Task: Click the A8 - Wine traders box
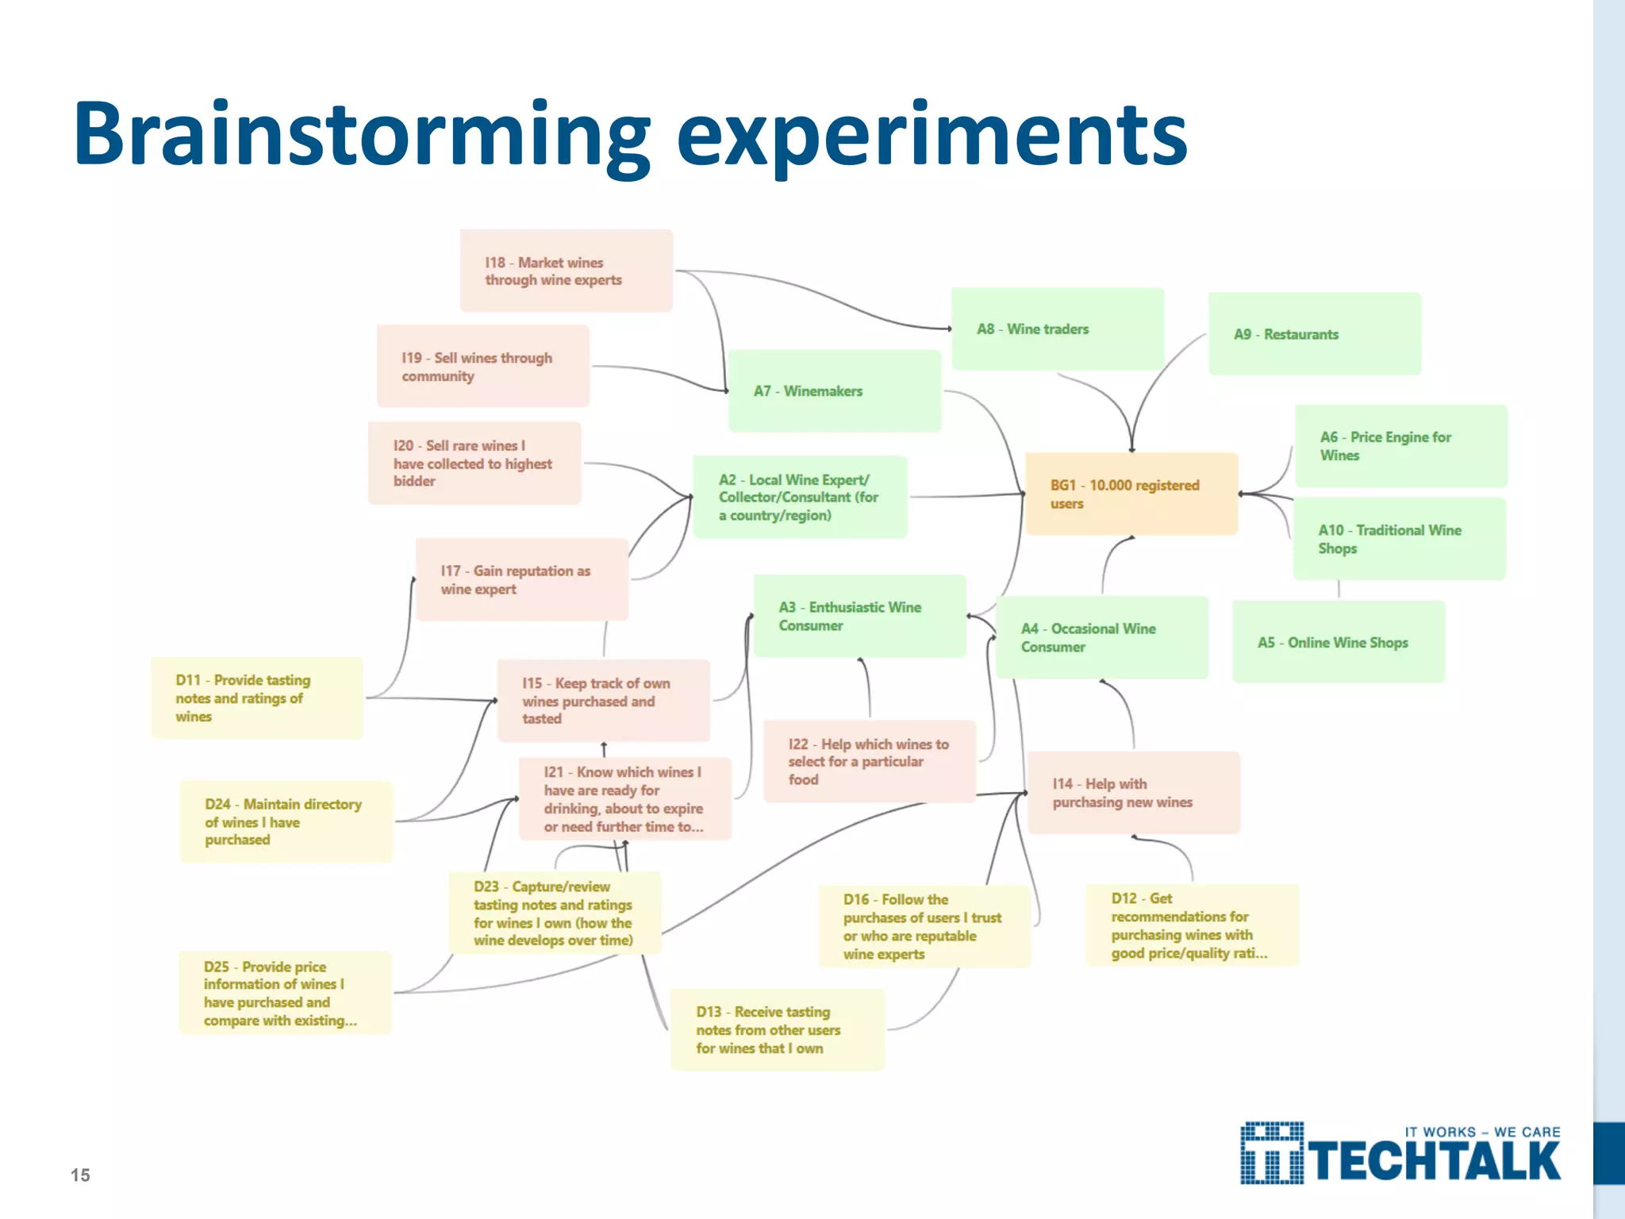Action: [x=1057, y=329]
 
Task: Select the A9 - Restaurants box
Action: [x=1314, y=333]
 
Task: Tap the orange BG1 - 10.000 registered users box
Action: [x=1131, y=494]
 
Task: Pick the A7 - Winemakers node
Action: [x=834, y=390]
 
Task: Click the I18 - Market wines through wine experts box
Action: [x=566, y=271]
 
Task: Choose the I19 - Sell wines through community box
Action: [x=482, y=366]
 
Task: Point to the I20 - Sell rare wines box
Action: [x=474, y=463]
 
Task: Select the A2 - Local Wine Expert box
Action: [x=799, y=497]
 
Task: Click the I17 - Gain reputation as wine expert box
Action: [x=521, y=579]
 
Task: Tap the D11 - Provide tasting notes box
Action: [x=256, y=698]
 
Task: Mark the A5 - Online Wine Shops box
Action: [x=1338, y=642]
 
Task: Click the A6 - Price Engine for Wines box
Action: [x=1400, y=446]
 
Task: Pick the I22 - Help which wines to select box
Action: [x=869, y=761]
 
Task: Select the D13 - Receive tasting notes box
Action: [x=777, y=1029]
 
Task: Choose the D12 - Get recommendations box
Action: [x=1192, y=925]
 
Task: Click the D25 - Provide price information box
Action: [x=285, y=993]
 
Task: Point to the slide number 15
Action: [x=80, y=1175]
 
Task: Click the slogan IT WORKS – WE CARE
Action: [x=1481, y=1132]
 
